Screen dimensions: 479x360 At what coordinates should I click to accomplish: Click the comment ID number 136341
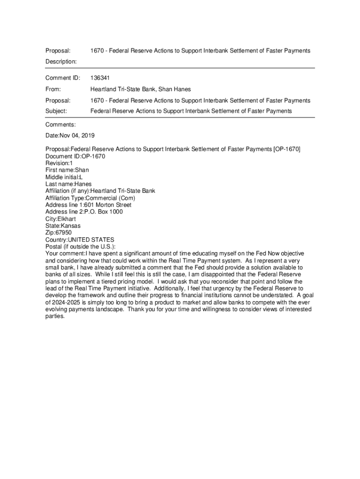click(100, 78)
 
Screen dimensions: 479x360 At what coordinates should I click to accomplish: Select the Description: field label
click(61, 61)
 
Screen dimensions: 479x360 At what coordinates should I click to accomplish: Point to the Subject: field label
click(56, 111)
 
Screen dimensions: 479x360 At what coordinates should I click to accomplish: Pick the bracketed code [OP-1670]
click(287, 149)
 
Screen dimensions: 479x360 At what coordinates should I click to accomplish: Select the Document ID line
click(75, 156)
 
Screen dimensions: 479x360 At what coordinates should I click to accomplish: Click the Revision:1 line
click(59, 163)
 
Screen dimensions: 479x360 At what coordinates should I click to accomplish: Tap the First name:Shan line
click(67, 170)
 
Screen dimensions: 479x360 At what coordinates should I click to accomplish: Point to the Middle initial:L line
click(64, 177)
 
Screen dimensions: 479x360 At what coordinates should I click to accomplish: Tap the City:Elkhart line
click(60, 218)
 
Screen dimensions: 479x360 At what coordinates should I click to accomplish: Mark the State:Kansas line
click(63, 225)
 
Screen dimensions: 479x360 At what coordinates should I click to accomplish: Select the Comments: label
click(60, 125)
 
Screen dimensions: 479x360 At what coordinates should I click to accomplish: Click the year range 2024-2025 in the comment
click(69, 302)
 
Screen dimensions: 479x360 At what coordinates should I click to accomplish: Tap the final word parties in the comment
click(54, 316)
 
